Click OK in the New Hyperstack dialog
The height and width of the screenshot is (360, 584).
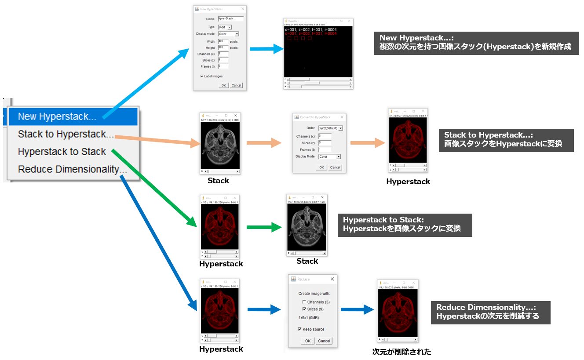(x=224, y=85)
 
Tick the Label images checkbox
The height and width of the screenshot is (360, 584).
(x=202, y=76)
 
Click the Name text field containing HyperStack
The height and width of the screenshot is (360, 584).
(x=230, y=19)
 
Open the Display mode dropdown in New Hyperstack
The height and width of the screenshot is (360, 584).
(x=228, y=34)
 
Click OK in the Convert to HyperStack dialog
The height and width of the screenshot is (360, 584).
(x=321, y=167)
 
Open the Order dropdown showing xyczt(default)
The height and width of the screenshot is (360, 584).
(x=330, y=128)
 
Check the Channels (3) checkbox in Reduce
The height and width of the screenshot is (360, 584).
(x=304, y=302)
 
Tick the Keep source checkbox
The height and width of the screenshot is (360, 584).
(x=299, y=329)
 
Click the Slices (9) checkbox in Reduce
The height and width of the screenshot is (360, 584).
(x=304, y=309)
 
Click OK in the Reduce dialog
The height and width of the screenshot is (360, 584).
(x=307, y=341)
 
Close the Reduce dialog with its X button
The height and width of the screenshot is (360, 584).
(x=332, y=279)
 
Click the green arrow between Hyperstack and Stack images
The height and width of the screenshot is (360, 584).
(x=263, y=227)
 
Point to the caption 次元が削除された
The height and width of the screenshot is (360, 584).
(x=401, y=352)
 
